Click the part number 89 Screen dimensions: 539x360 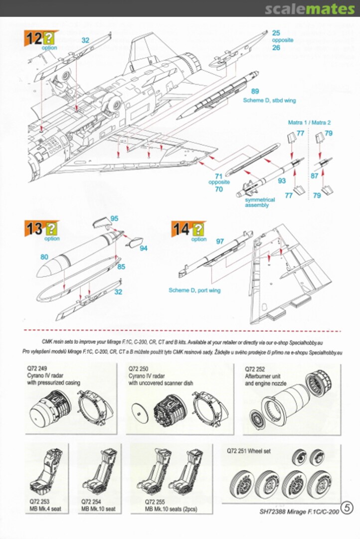coord(255,91)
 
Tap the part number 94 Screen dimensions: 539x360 coord(144,248)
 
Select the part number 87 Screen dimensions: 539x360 coord(315,176)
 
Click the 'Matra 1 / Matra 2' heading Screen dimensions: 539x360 coord(309,122)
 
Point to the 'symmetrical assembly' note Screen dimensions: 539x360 coord(260,202)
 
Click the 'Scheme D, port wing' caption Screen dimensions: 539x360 coord(194,290)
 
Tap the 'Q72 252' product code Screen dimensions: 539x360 coord(255,368)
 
